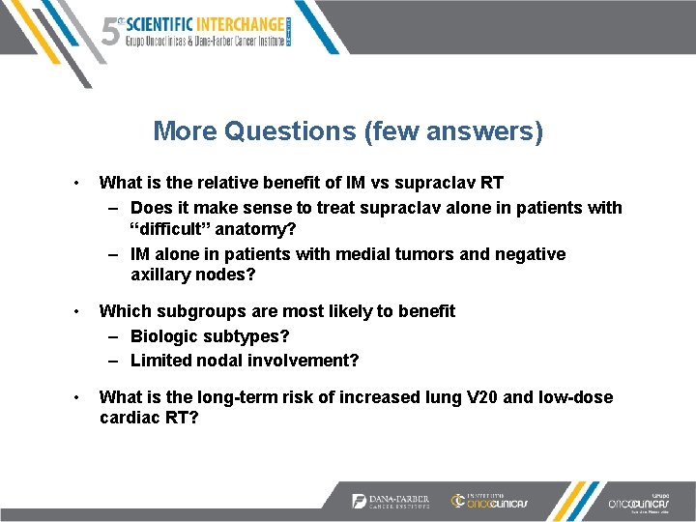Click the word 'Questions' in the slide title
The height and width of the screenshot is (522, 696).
pyautogui.click(x=291, y=130)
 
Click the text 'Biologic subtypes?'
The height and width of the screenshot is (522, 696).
pyautogui.click(x=210, y=335)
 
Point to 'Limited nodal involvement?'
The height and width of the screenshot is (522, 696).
pyautogui.click(x=245, y=360)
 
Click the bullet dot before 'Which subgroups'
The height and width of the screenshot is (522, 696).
pyautogui.click(x=75, y=310)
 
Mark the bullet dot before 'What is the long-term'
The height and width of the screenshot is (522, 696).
pyautogui.click(x=75, y=397)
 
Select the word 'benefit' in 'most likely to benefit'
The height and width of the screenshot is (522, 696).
pyautogui.click(x=422, y=310)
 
